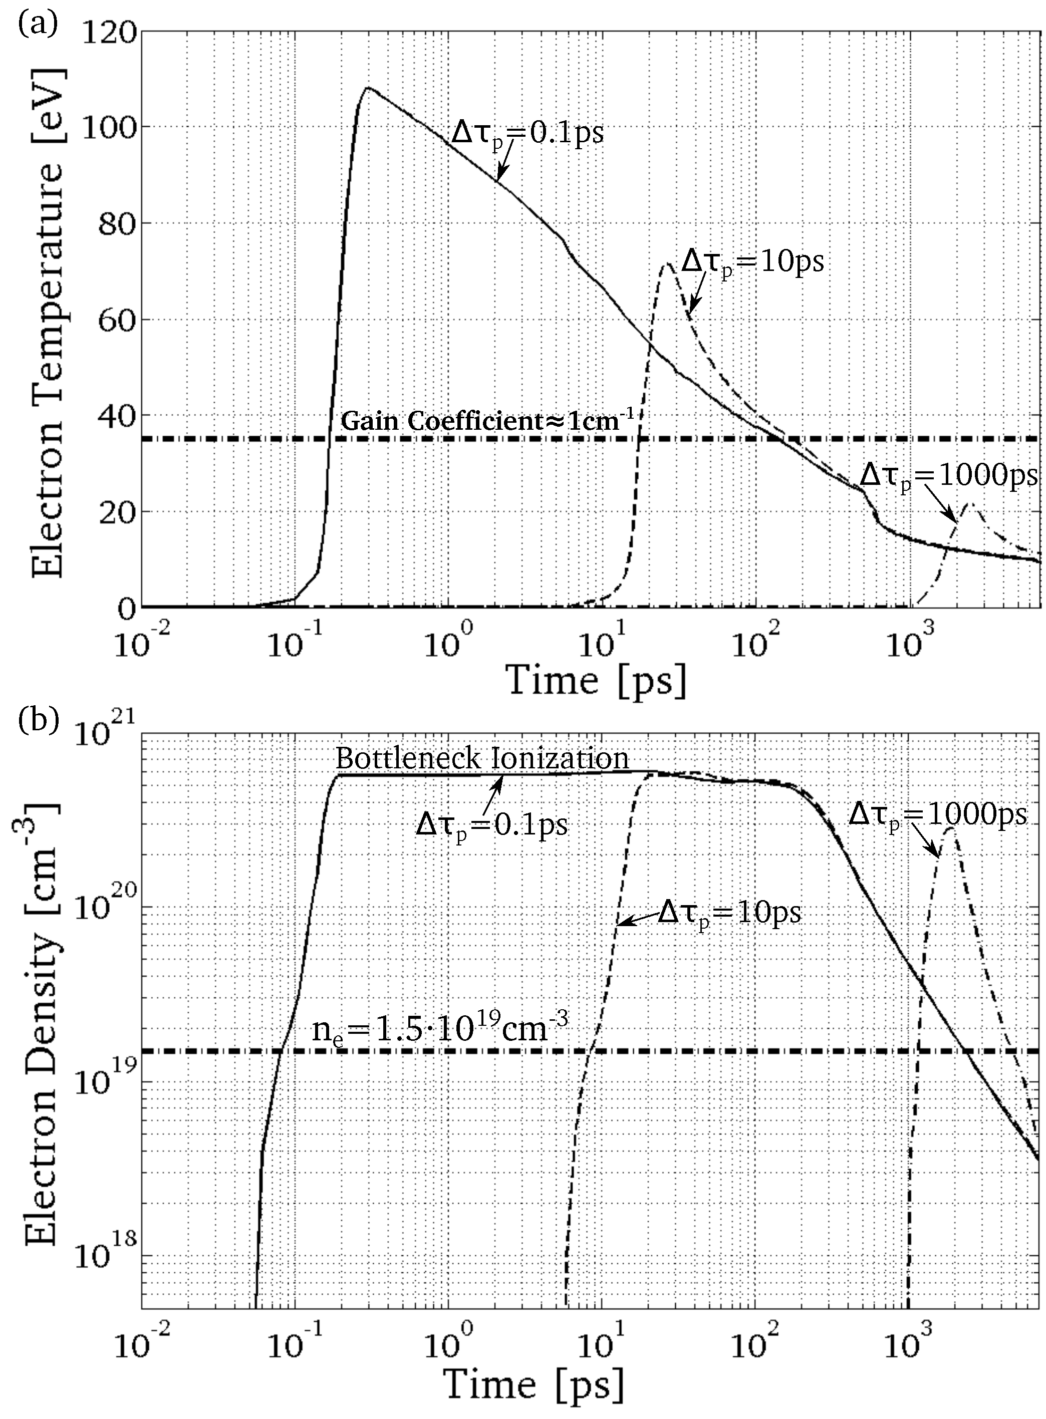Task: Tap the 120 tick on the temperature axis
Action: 114,32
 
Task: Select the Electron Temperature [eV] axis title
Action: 48,319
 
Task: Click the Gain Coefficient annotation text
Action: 487,421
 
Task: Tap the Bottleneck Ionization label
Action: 482,758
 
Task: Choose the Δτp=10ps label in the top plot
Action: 753,261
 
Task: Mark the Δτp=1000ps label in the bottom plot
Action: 937,816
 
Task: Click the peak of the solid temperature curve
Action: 367,88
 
